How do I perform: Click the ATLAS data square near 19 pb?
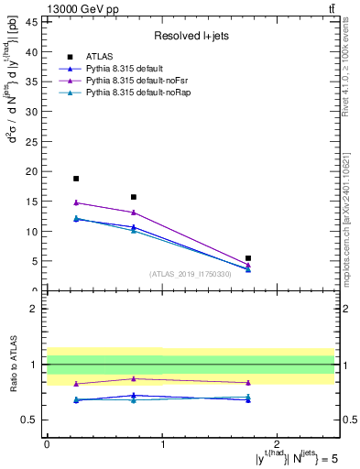(76, 179)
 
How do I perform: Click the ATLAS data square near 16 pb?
(134, 197)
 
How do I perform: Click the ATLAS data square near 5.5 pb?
(248, 258)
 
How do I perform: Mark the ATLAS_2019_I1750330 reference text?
(191, 274)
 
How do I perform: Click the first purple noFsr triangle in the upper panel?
(76, 202)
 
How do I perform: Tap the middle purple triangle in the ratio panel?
(134, 378)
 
